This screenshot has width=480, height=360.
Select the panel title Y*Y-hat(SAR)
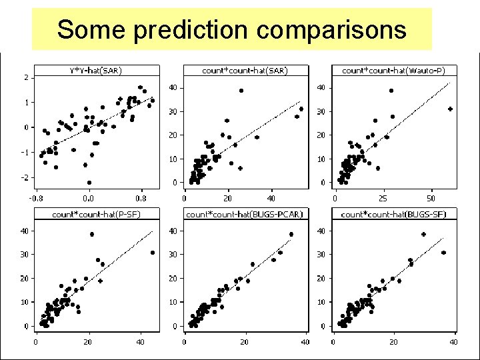tap(96, 70)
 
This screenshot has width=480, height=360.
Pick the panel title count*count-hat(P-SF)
tap(97, 214)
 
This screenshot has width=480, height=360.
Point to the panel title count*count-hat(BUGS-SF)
tap(393, 214)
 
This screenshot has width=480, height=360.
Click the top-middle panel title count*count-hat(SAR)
tap(245, 70)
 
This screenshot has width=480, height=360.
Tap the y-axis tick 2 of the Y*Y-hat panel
tap(26, 77)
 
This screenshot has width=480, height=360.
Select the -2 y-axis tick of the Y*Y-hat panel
tap(25, 177)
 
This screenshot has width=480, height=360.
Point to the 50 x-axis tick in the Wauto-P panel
tap(431, 198)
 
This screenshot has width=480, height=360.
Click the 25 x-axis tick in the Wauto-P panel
tap(383, 198)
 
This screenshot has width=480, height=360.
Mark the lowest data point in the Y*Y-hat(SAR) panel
tap(89, 182)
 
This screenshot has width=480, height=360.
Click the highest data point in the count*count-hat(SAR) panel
tap(241, 91)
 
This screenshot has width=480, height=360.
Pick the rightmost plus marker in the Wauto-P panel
tap(450, 109)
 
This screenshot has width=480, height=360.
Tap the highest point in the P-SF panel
tap(92, 234)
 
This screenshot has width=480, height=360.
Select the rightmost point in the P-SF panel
tap(153, 253)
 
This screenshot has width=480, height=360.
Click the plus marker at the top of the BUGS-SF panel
tap(423, 235)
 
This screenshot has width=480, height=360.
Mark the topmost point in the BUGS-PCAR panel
tap(291, 235)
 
